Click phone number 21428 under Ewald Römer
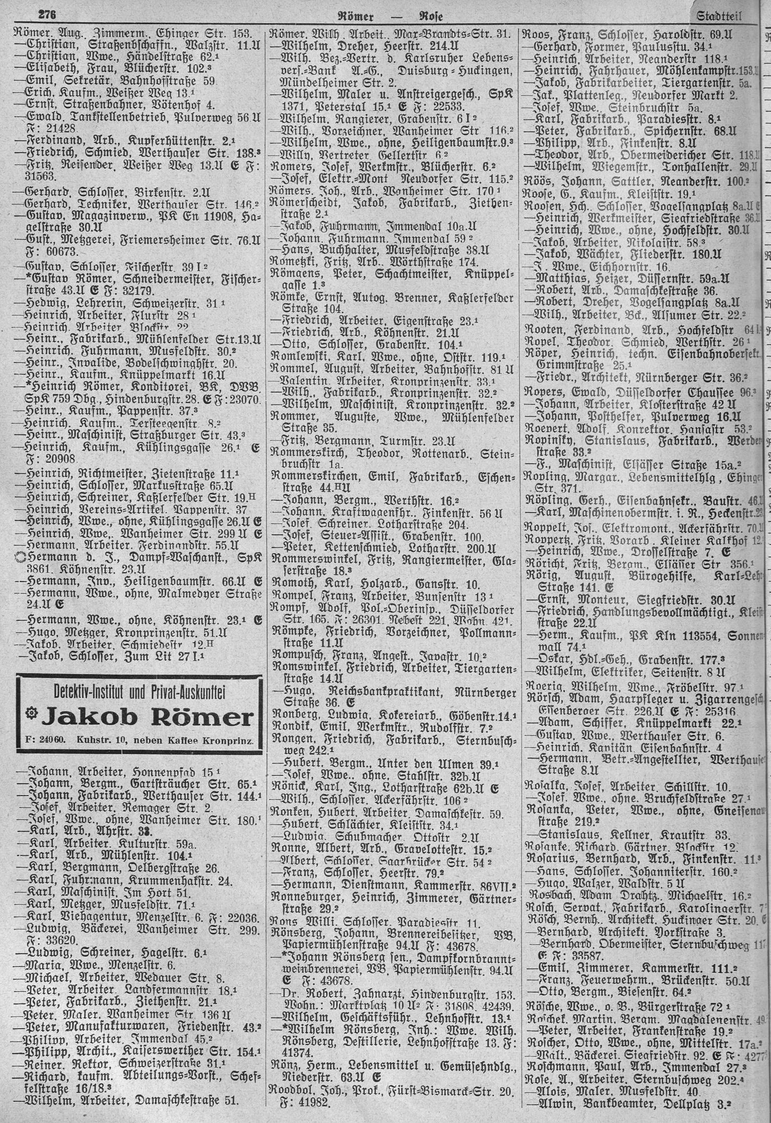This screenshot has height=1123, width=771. point(41,137)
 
